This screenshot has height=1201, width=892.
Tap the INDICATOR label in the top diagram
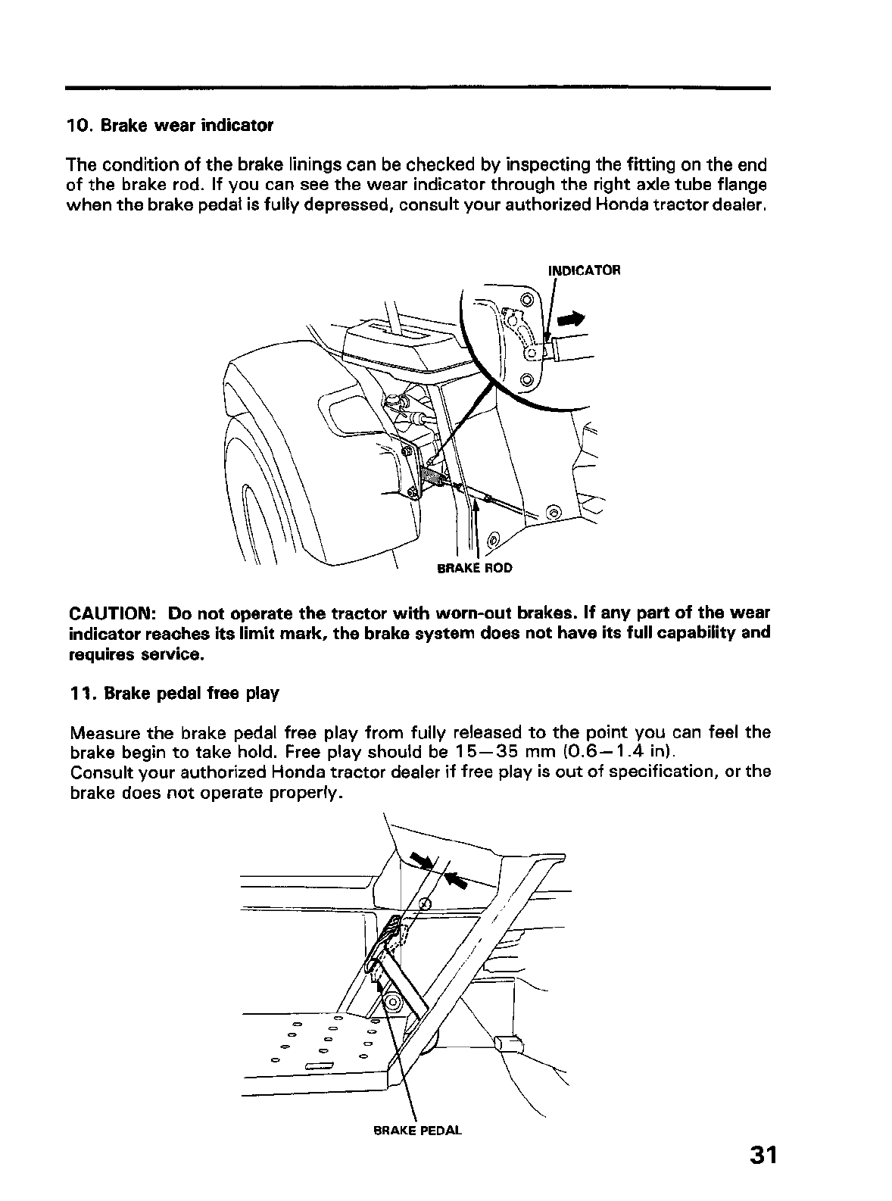point(584,270)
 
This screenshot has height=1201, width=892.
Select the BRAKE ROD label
point(475,568)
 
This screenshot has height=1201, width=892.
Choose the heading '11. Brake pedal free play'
point(173,693)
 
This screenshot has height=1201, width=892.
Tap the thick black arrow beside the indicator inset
point(572,320)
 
